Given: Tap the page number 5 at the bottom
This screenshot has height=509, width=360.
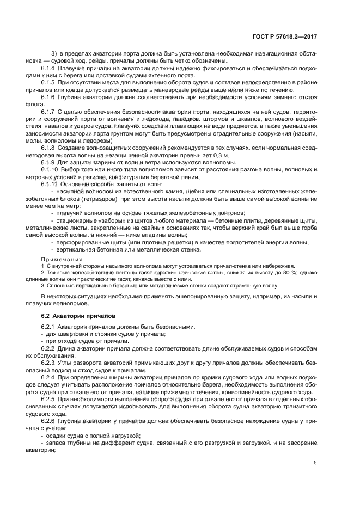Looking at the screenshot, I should (x=315, y=463).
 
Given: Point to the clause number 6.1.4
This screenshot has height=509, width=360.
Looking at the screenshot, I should (x=51, y=69).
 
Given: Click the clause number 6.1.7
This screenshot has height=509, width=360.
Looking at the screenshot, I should (x=51, y=111).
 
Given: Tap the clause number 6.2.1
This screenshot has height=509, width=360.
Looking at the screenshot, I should (x=51, y=327).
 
